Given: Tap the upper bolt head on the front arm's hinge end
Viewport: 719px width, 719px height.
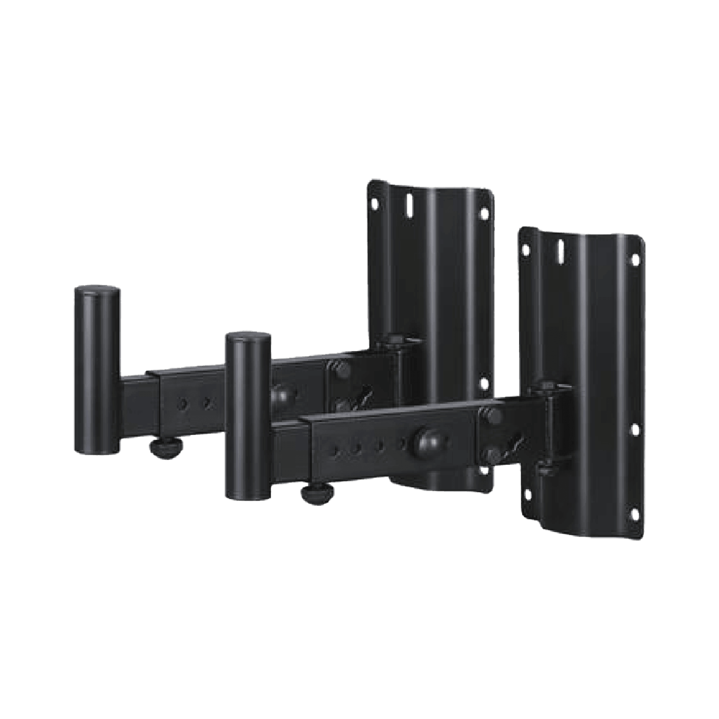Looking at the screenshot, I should point(493,415).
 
